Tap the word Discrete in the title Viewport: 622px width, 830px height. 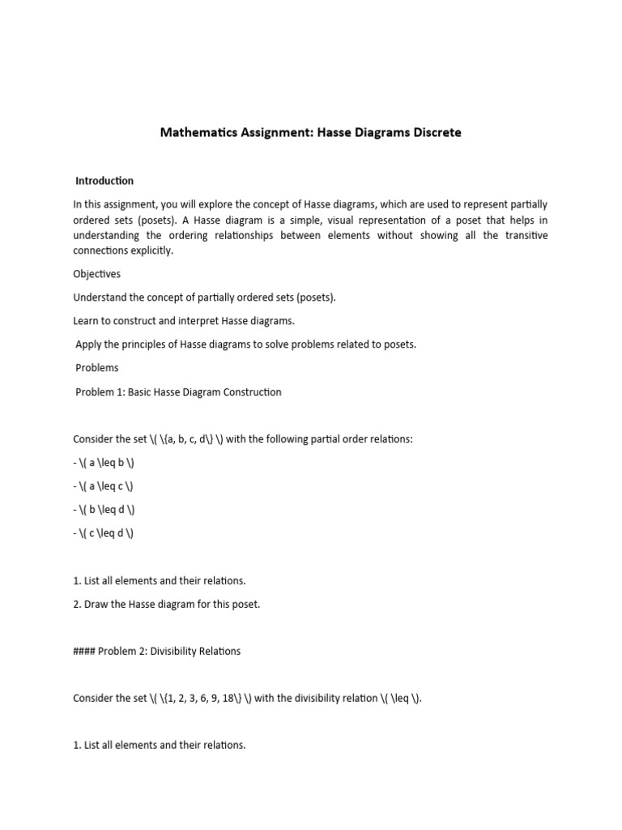point(432,132)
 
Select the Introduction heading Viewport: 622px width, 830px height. point(104,181)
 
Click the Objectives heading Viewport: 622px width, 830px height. point(96,274)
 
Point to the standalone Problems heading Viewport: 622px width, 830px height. point(97,368)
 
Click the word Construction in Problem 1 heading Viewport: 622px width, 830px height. point(251,392)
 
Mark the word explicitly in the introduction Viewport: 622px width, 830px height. point(149,250)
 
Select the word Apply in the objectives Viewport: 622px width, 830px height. point(88,344)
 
